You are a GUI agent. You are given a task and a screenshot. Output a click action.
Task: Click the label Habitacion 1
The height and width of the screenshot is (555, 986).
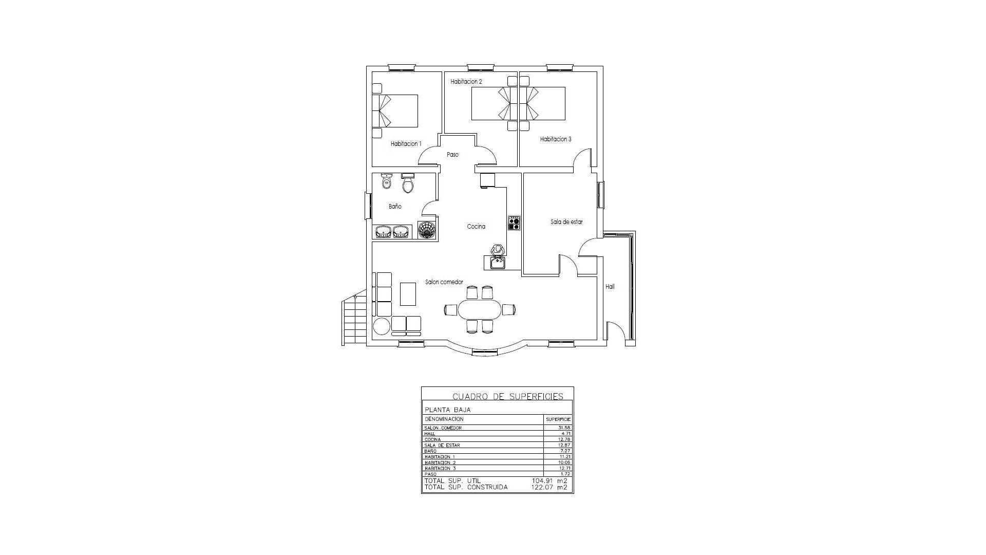406,144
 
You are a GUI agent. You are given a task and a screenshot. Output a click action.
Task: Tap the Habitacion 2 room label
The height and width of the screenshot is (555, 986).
466,82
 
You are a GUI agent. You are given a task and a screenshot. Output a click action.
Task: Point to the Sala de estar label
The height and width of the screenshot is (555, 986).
566,222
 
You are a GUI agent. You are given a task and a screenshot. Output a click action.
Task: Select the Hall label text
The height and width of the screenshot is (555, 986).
610,287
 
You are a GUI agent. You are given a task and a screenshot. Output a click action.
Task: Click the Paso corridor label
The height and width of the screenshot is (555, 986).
452,155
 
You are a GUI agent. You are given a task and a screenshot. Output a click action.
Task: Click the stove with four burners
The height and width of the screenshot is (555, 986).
514,223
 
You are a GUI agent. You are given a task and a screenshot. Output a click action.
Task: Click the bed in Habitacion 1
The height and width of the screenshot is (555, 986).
395,110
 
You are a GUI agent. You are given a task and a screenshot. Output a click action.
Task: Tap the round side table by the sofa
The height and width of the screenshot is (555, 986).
382,326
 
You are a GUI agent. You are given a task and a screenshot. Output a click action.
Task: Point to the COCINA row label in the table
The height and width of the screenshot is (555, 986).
432,439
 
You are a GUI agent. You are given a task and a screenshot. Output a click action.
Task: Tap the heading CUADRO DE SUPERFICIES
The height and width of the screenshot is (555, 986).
507,396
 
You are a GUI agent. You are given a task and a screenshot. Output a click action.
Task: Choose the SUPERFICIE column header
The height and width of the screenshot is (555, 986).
558,419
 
